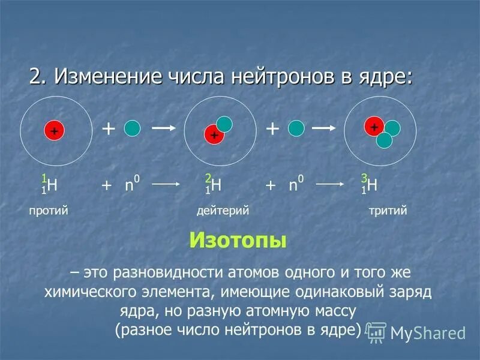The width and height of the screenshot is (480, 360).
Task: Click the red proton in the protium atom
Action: [53, 130]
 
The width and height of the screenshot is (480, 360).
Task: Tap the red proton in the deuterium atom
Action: [213, 136]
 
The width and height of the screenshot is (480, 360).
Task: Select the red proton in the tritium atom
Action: [374, 126]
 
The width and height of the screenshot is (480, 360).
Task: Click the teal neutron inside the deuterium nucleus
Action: [224, 124]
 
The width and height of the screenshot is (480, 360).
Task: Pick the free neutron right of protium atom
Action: [132, 128]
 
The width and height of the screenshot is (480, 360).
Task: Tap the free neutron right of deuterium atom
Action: [296, 128]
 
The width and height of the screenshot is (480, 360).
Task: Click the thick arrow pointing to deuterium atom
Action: [163, 128]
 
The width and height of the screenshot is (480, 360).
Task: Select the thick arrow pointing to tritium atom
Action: [323, 128]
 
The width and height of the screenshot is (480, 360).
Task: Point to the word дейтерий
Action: [223, 211]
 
